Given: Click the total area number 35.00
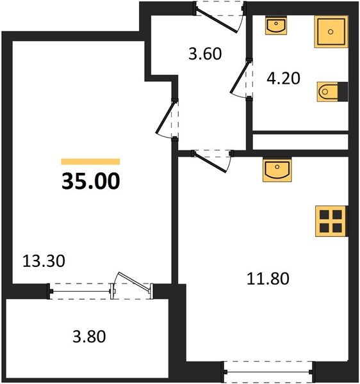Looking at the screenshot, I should tap(90, 182).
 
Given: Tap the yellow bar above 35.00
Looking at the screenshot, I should tap(90, 162).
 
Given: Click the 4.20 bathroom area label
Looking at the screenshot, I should tap(283, 81).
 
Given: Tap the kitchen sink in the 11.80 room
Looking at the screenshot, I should tap(277, 171).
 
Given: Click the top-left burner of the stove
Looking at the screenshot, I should tap(325, 216).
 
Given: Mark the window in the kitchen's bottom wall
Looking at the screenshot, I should tap(268, 369).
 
